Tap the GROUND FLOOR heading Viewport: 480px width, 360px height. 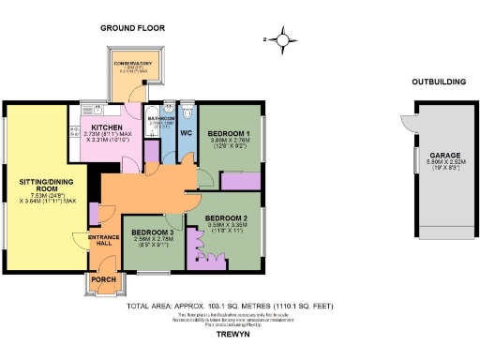click(132, 28)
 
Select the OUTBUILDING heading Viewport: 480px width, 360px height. click(440, 82)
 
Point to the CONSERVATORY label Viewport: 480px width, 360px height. click(139, 63)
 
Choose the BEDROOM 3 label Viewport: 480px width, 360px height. click(152, 232)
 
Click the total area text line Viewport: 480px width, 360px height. click(231, 306)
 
